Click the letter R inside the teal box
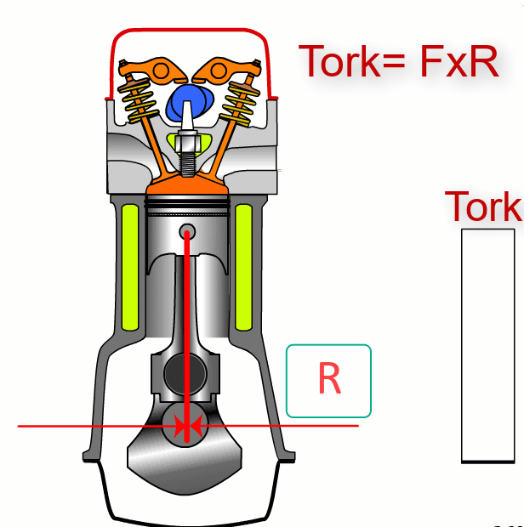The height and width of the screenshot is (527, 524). (329, 380)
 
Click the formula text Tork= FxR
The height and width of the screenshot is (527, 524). (398, 61)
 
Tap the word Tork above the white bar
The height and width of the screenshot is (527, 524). (483, 207)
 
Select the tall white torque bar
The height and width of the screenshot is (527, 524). (488, 344)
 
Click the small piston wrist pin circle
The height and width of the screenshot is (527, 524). (186, 231)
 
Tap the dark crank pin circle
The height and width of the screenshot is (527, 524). (185, 371)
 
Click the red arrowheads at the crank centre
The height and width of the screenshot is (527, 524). (186, 426)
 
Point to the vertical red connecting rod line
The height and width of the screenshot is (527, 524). (186, 323)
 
